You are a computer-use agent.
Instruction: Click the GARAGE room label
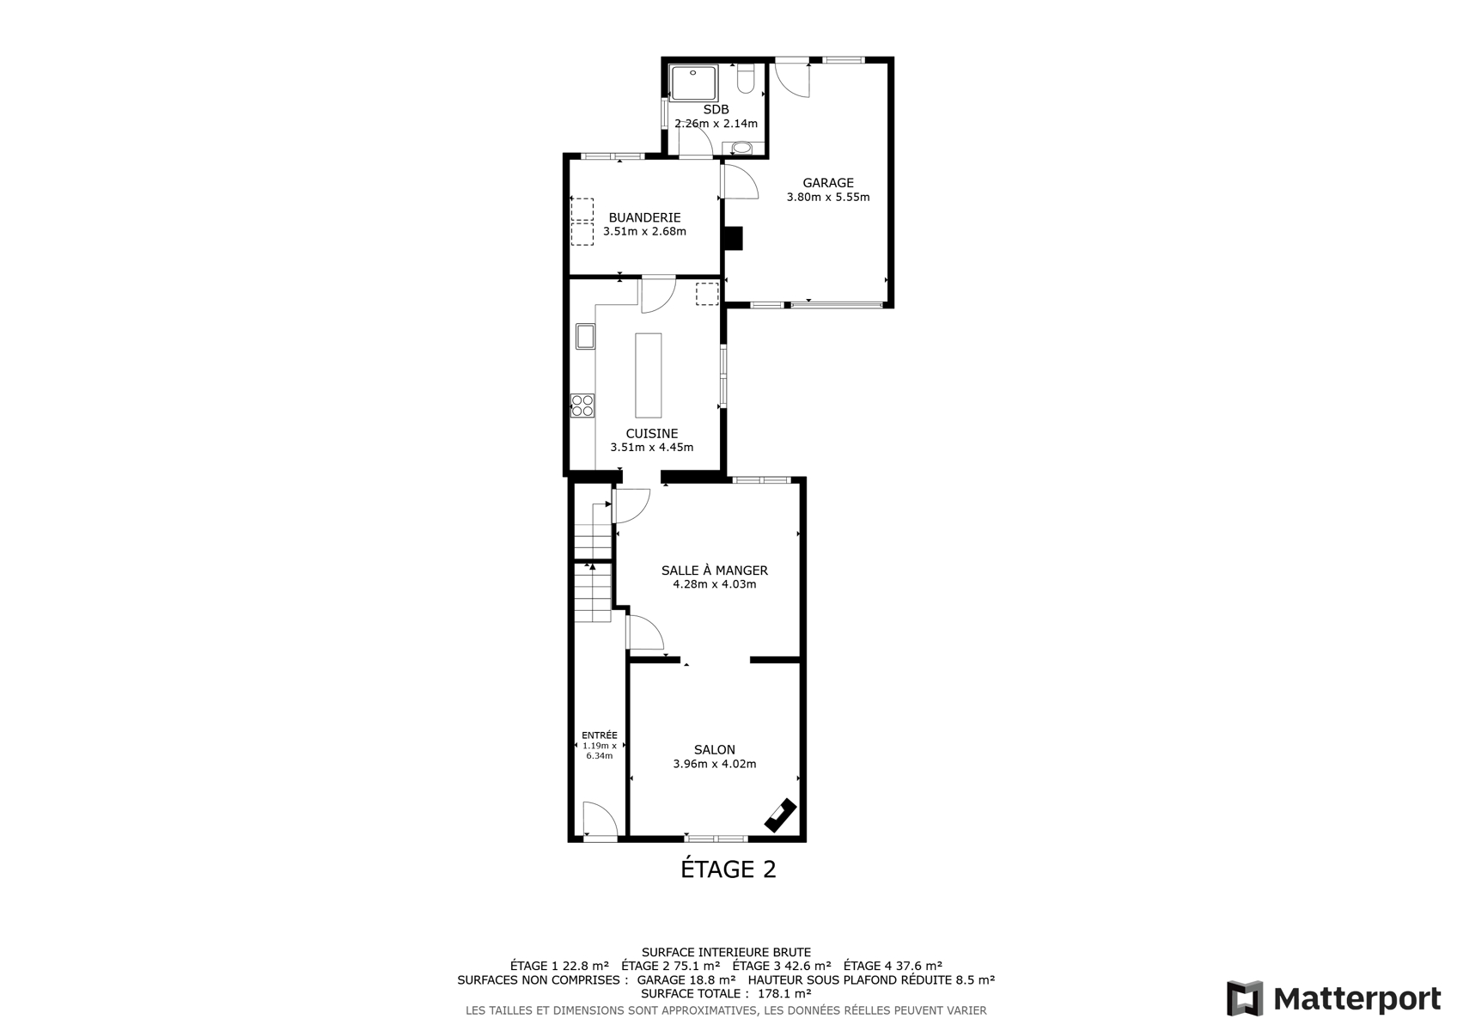[827, 183]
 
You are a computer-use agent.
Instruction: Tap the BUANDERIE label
[644, 218]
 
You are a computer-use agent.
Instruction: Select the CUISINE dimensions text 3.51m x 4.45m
[652, 448]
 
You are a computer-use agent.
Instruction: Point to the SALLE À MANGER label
[714, 570]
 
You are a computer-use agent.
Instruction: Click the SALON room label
[714, 750]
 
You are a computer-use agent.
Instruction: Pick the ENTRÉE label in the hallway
[599, 735]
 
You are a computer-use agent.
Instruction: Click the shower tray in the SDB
[693, 82]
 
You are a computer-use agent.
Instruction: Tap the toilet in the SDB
[746, 78]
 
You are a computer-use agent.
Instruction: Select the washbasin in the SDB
[742, 148]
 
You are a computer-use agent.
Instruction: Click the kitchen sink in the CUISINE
[585, 336]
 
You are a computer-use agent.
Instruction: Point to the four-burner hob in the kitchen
[582, 406]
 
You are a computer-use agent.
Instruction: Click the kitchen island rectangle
[648, 375]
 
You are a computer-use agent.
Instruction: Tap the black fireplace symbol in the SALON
[780, 815]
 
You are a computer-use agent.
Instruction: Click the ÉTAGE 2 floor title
[728, 869]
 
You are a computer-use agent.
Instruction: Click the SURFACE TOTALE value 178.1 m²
[784, 993]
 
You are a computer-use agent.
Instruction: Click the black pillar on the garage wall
[733, 238]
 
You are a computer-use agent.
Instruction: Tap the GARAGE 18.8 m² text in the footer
[686, 979]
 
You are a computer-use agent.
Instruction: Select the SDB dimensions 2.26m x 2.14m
[716, 124]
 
